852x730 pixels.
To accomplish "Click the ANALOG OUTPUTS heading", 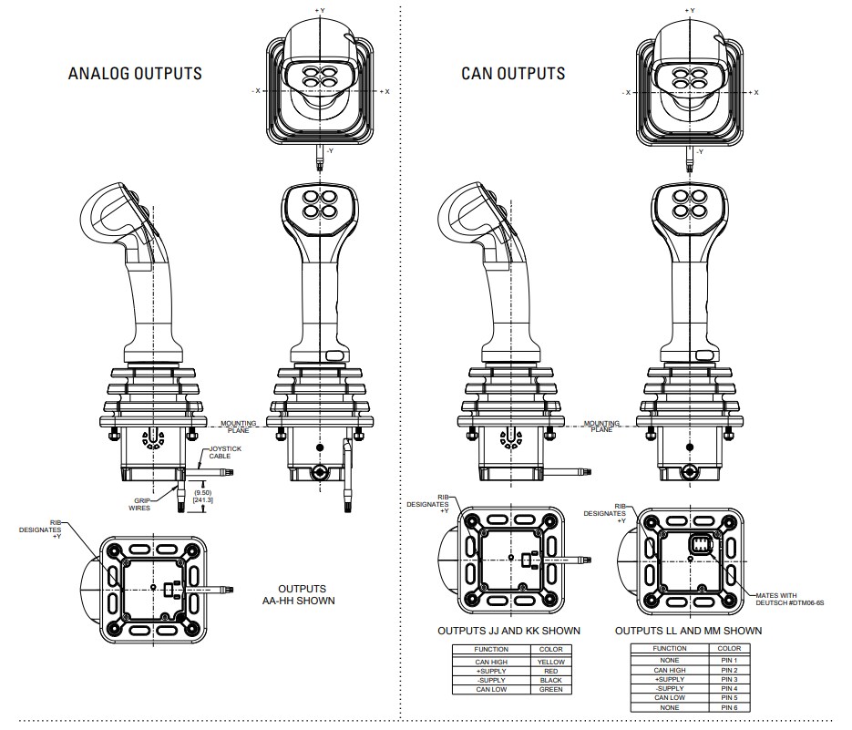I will coord(135,73).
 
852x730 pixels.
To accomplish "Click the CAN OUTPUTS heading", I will coord(512,74).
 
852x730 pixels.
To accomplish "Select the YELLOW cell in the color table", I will coord(551,662).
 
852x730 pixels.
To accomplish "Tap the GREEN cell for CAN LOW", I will coord(551,690).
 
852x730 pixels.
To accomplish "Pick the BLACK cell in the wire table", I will coord(551,681).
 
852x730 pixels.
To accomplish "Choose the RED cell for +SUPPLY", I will coord(551,671).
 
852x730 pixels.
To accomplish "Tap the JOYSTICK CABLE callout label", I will coord(226,452).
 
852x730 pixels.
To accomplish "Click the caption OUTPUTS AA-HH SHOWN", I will coord(306,594).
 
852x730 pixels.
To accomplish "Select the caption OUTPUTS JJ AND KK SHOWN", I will coord(508,631).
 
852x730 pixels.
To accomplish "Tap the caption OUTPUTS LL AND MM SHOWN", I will coord(688,631).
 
